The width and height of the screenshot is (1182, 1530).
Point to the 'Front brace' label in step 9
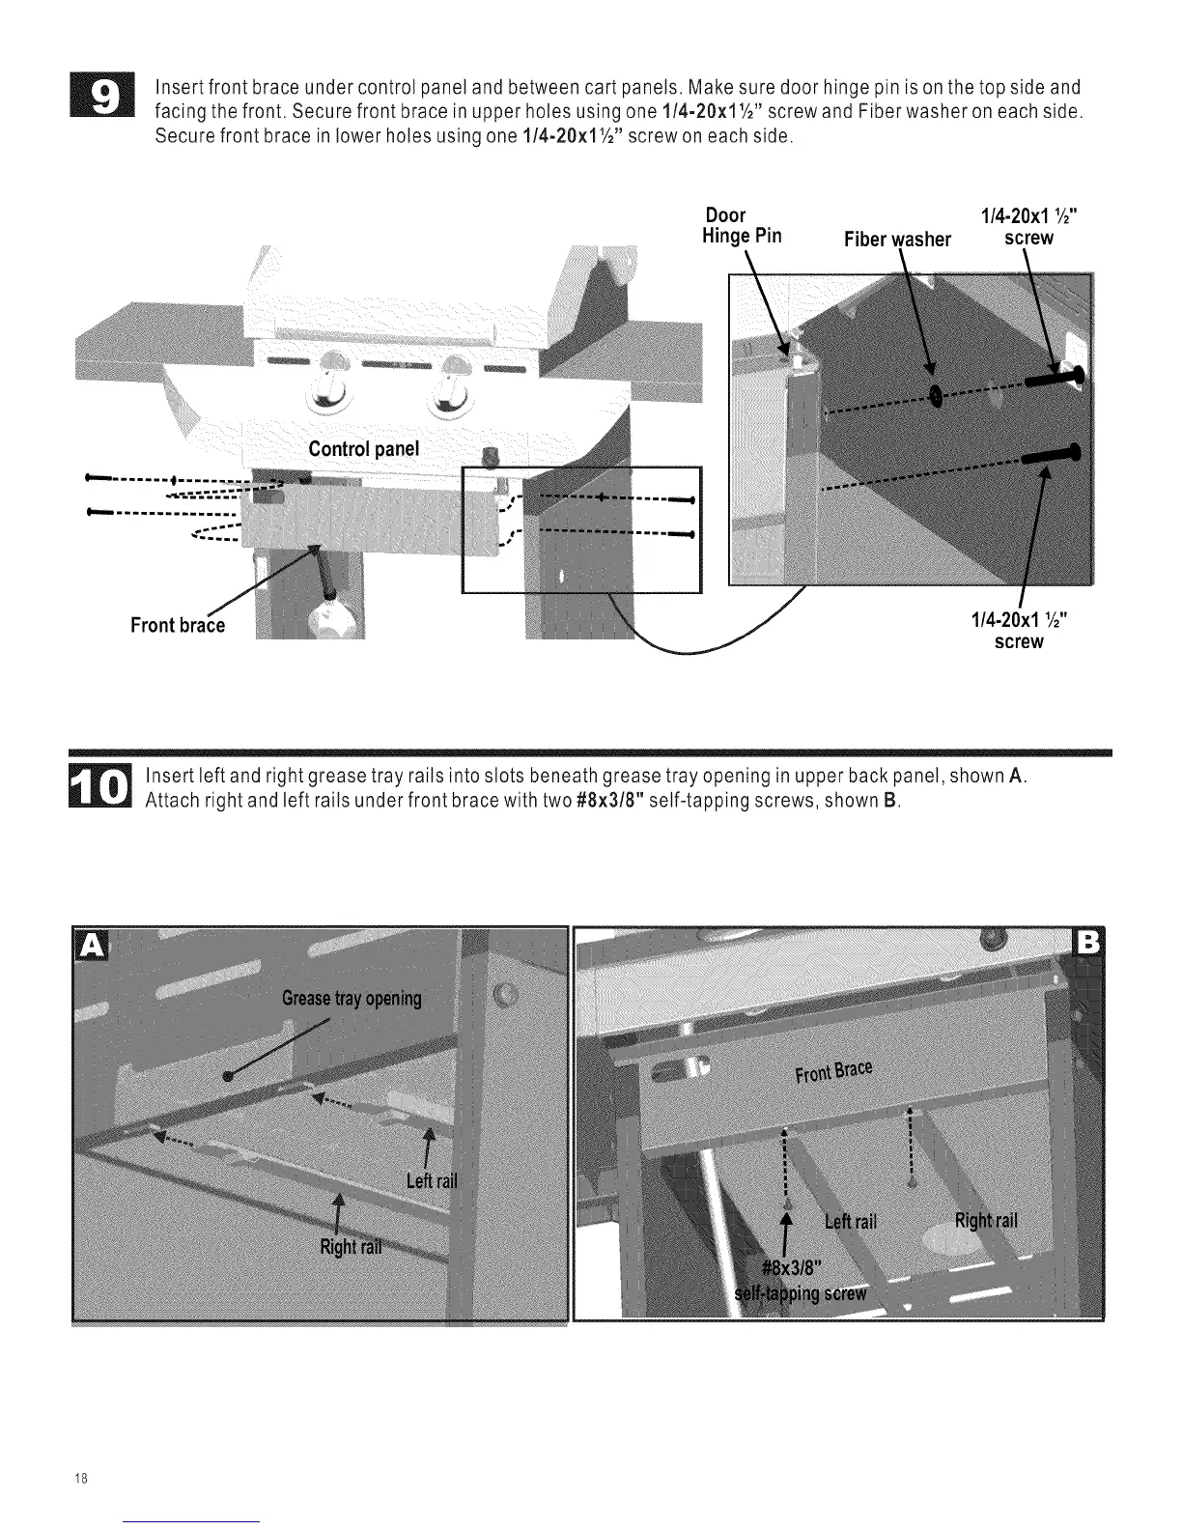[178, 625]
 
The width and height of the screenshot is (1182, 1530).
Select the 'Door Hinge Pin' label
[742, 225]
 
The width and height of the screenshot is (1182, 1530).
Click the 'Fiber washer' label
[897, 239]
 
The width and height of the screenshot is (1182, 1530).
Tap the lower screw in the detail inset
[1051, 453]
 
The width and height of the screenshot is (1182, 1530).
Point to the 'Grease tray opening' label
[352, 998]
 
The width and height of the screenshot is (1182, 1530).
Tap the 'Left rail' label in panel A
[431, 1181]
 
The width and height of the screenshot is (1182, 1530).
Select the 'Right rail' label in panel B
[986, 1220]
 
